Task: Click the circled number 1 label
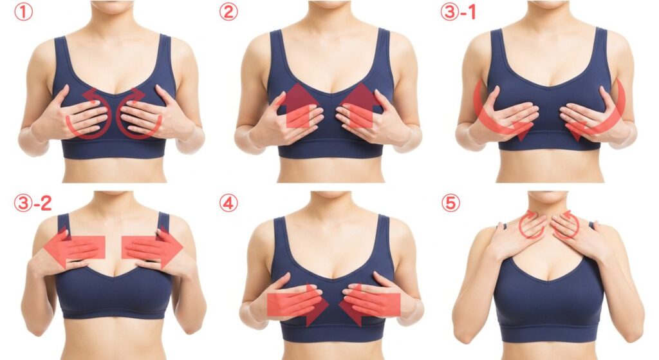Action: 24,12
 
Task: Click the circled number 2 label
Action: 228,12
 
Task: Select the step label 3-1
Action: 458,12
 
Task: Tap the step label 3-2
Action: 33,203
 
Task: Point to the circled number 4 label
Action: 228,203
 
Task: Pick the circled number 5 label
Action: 450,203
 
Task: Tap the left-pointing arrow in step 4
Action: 369,305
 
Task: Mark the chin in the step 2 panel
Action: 330,5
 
